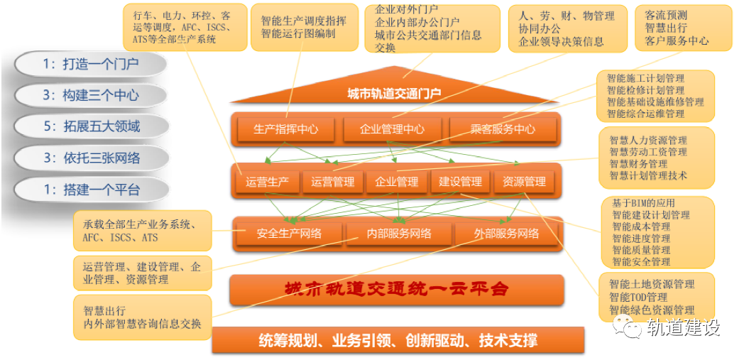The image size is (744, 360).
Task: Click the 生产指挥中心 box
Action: pos(285,129)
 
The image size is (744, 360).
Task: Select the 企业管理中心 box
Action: pos(392,129)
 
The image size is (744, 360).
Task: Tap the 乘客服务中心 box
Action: pos(503,129)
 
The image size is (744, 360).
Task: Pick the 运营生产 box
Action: pos(267,182)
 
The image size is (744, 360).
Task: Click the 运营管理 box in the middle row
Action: pos(332,182)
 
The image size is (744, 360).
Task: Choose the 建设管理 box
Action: pos(460,182)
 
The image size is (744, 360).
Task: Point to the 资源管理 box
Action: pos(524,182)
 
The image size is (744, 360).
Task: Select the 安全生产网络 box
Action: pos(289,234)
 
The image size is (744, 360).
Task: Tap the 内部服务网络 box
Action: pos(398,234)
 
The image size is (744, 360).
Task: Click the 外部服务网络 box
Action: pos(506,234)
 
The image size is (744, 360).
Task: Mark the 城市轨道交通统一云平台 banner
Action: pos(396,289)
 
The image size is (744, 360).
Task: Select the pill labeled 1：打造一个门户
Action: pos(90,65)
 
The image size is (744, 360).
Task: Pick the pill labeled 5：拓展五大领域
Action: pos(91,126)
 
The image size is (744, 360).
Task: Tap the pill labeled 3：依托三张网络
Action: pos(91,158)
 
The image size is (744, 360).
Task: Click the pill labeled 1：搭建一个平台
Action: pos(91,190)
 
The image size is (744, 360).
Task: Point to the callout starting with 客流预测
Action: pos(675,28)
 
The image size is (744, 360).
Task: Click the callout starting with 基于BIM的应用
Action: pos(652,232)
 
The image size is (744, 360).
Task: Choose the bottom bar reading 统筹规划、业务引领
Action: pos(398,340)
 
